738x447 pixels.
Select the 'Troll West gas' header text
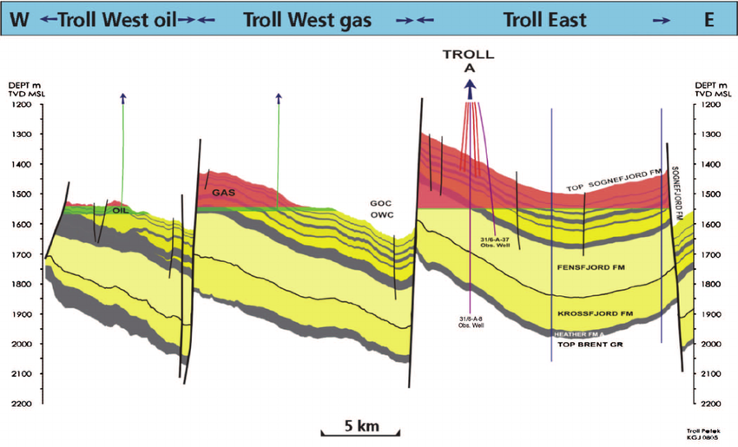click(x=307, y=19)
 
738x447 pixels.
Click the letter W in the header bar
click(x=19, y=19)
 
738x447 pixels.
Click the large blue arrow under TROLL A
click(x=469, y=88)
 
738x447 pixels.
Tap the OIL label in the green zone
click(x=121, y=210)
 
